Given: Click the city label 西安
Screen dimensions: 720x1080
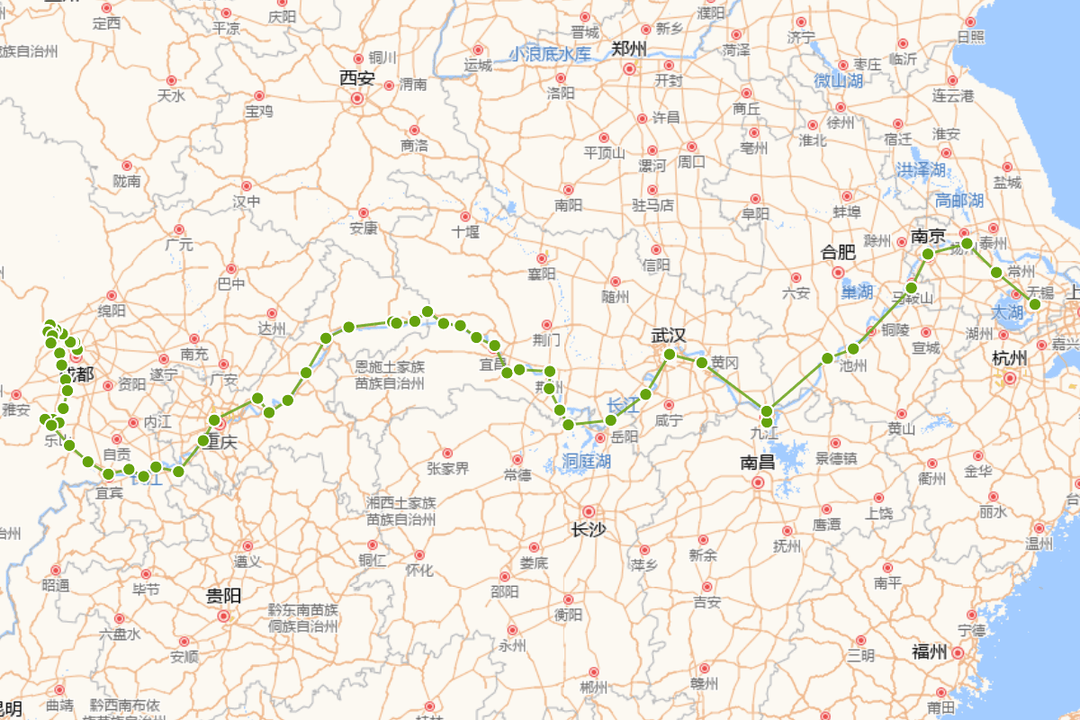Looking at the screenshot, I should (x=357, y=78).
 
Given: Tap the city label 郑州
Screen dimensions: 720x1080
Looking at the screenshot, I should (x=629, y=49).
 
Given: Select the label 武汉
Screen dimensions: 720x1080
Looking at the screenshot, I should (x=669, y=336).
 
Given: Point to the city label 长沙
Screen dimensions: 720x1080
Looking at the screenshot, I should (x=589, y=530).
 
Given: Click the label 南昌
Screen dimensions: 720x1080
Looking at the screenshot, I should (x=758, y=463).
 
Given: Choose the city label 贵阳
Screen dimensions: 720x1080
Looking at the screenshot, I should (x=224, y=596).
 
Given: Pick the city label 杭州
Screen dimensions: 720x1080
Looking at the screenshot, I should (x=1010, y=358).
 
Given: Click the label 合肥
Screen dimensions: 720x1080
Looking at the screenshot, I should (x=838, y=252).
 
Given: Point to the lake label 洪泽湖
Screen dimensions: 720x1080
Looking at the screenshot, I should (x=922, y=170).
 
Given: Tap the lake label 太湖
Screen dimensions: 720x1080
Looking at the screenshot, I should (x=1006, y=312).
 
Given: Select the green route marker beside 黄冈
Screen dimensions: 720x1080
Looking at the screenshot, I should (x=702, y=362).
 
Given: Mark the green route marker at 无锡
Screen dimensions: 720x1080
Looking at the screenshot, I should (x=1035, y=304).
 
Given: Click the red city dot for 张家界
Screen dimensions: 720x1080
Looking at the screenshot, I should (x=447, y=454).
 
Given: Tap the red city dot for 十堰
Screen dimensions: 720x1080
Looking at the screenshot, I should (x=465, y=216).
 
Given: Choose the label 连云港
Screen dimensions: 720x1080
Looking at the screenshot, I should (x=953, y=95).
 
